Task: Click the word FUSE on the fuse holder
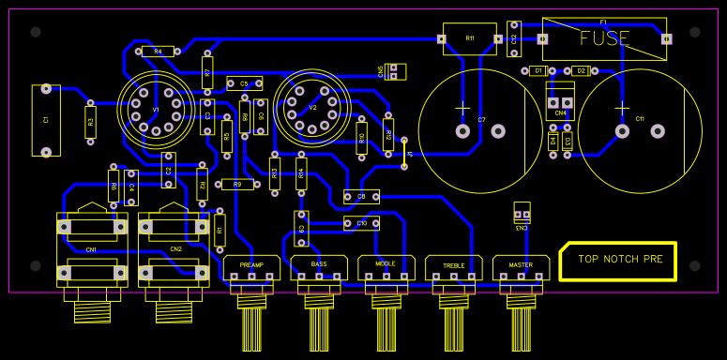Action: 605,38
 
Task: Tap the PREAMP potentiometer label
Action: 251,265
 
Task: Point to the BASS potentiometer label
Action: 319,264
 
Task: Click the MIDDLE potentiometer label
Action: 386,264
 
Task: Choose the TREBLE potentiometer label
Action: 454,266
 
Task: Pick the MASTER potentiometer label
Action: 521,265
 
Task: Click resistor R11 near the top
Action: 470,38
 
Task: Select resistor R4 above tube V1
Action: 157,52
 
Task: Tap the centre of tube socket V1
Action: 156,109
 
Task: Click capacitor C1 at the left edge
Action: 46,120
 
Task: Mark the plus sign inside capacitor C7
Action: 462,109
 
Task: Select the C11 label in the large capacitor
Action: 640,119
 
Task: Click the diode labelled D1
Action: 538,70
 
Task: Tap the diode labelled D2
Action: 581,70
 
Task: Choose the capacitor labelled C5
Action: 244,83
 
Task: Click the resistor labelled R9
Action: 237,185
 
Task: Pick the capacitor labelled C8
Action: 361,196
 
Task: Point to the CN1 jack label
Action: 91,249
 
